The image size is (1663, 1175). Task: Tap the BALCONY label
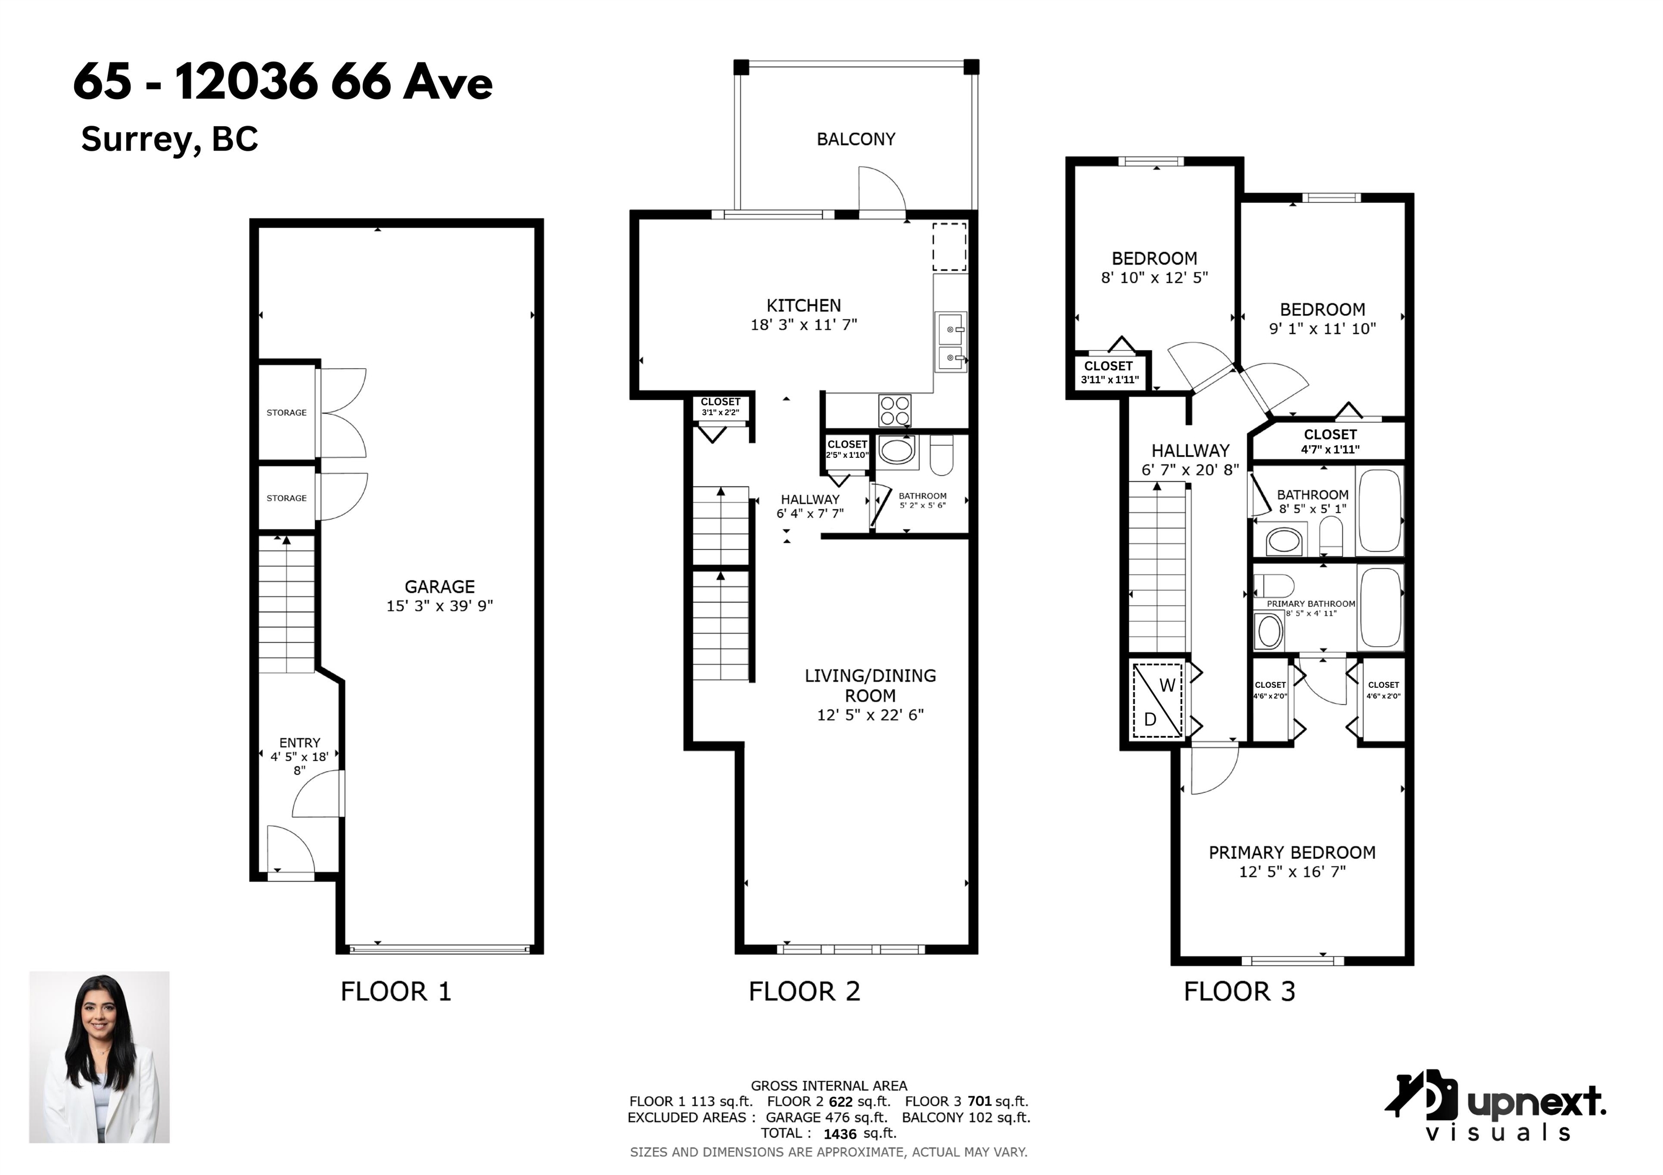click(x=856, y=139)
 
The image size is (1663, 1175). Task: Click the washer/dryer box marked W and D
click(x=1157, y=701)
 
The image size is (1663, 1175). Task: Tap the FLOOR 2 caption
click(x=804, y=991)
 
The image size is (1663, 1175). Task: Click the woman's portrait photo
click(x=99, y=1057)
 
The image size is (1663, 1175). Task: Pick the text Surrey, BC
click(x=169, y=139)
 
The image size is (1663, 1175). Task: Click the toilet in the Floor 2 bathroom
click(x=941, y=454)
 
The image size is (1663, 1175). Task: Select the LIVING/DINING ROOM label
click(x=870, y=686)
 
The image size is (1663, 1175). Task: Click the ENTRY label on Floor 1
click(x=299, y=743)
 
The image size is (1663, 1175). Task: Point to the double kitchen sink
click(x=950, y=342)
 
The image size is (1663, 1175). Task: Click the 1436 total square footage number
click(x=840, y=1134)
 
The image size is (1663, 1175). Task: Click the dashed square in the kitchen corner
click(x=950, y=247)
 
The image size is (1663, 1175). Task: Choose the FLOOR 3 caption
click(x=1239, y=991)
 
